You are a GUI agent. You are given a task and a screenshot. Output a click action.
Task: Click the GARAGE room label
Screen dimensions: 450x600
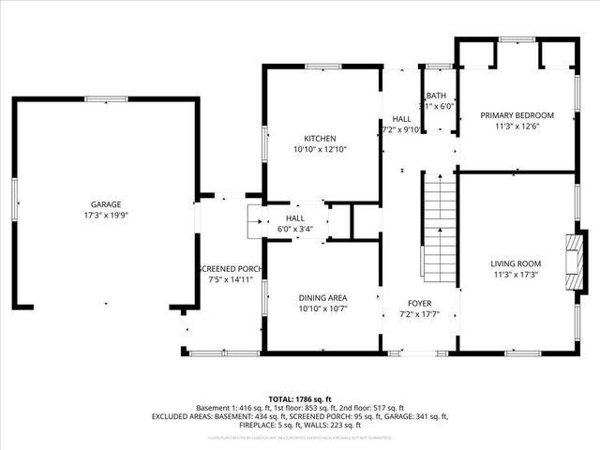[x=105, y=203]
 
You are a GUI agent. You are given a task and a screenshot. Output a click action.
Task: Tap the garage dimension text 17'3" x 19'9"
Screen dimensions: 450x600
[x=105, y=215]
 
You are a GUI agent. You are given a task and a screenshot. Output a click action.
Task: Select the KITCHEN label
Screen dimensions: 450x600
[x=320, y=138]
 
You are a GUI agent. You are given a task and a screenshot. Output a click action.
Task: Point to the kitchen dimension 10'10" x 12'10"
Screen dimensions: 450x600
[x=320, y=149]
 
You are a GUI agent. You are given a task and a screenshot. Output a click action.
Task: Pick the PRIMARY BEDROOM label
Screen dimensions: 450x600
[x=517, y=115]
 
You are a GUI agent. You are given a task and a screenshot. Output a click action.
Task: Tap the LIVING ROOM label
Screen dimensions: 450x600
[x=517, y=263]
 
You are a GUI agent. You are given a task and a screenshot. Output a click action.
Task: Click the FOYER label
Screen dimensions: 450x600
[x=419, y=303]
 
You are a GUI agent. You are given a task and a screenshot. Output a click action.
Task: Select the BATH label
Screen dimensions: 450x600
[x=437, y=97]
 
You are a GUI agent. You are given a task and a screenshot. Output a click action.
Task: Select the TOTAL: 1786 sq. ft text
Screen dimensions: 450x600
[x=300, y=398]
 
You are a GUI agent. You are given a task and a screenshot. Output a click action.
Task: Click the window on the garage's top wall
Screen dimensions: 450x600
[x=105, y=98]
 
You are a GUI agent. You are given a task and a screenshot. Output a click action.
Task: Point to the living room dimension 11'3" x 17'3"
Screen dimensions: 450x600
[x=517, y=275]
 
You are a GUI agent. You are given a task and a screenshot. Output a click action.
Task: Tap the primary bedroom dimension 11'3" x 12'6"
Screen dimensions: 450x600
[x=517, y=127]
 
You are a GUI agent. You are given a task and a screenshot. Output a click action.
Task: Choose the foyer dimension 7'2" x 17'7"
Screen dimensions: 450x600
[x=419, y=314]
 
